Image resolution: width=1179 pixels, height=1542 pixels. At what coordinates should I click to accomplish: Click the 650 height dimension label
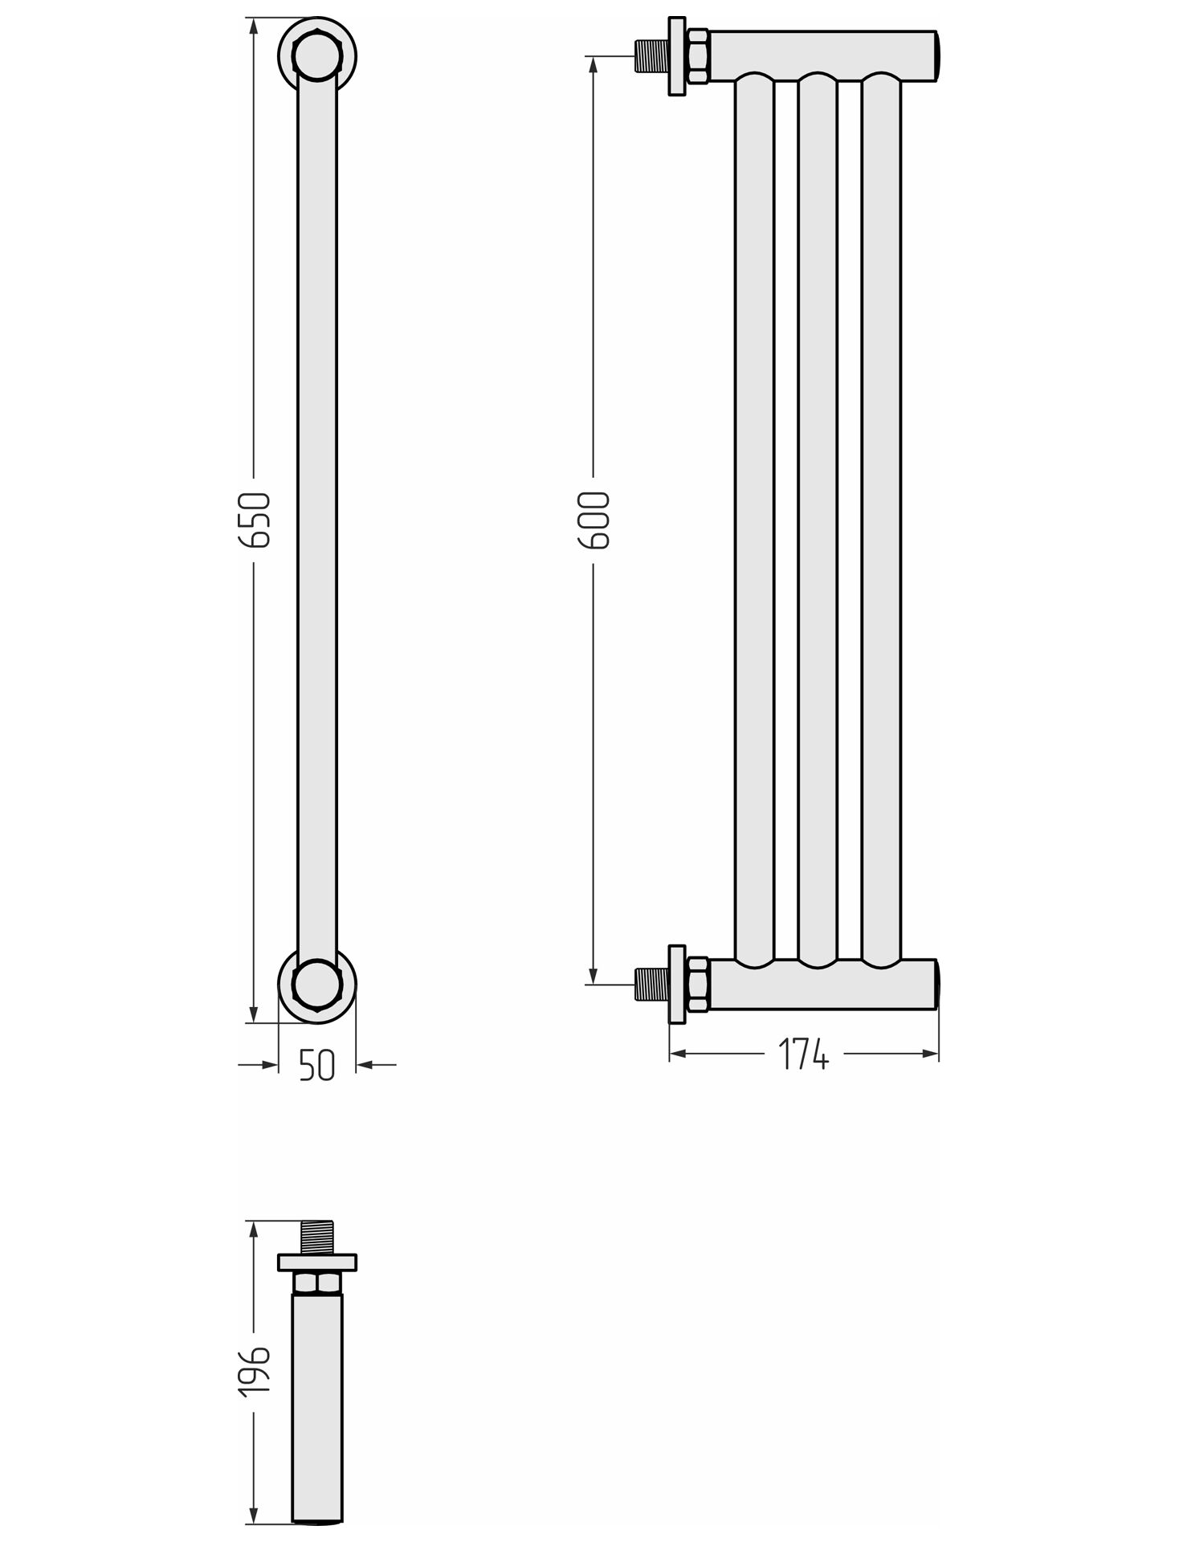point(255,520)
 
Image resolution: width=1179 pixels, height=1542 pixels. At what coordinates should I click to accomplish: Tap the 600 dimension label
point(594,520)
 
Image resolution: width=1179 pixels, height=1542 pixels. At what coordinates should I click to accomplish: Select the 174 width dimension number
point(803,1054)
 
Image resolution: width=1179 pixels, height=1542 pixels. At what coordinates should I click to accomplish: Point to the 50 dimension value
point(316,1066)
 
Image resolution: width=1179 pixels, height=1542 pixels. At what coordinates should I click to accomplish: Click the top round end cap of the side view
point(317,57)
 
